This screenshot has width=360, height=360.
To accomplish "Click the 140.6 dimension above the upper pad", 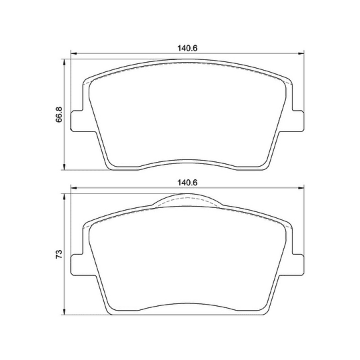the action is click(x=187, y=48).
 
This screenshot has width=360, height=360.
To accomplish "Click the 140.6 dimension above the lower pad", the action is click(x=187, y=183).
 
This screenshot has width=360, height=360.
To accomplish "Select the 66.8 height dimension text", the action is click(x=59, y=115).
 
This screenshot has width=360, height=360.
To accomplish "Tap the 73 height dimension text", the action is click(x=59, y=254).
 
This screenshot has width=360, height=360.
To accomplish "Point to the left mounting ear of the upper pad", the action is click(x=77, y=121).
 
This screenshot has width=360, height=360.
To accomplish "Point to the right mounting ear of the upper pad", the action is click(x=298, y=121).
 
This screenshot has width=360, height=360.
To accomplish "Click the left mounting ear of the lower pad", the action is click(x=77, y=265).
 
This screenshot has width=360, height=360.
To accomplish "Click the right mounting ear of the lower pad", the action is click(x=298, y=265).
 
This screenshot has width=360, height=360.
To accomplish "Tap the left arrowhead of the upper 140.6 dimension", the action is click(x=73, y=53).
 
